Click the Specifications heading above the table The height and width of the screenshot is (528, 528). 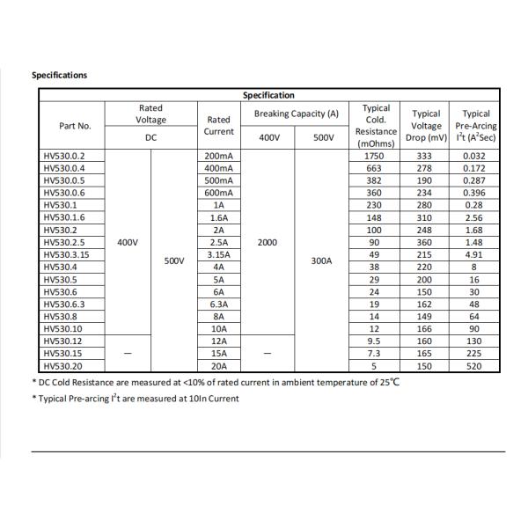60,75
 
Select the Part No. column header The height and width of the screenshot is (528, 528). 75,126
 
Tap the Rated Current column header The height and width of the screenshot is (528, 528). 218,126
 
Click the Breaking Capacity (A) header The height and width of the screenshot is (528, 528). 296,114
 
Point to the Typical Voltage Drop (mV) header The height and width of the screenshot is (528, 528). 426,126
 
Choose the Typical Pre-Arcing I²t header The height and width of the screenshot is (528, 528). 476,126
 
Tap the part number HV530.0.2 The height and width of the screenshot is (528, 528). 63,156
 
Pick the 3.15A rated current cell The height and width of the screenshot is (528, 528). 218,254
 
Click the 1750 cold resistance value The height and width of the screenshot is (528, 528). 375,156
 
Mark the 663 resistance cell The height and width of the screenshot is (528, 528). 375,168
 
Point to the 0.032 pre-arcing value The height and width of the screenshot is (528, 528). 475,156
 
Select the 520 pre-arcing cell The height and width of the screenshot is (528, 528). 475,366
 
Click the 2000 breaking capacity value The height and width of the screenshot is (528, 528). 268,242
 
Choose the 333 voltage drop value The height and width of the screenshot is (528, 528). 426,156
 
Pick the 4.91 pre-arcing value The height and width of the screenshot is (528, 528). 475,254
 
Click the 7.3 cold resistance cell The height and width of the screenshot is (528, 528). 375,354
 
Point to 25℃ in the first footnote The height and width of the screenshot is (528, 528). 389,383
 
